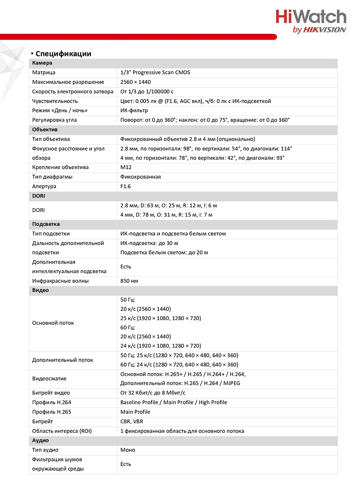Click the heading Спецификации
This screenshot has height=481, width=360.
(63, 54)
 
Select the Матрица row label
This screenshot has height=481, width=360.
(44, 73)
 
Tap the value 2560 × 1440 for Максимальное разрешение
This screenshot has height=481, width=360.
(136, 82)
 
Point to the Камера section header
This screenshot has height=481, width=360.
(42, 63)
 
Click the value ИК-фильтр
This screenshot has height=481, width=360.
(134, 111)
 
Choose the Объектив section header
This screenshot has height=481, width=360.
(45, 130)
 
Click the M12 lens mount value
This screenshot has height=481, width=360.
(126, 167)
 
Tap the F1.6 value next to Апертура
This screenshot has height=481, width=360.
(126, 187)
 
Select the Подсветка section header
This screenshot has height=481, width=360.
(46, 224)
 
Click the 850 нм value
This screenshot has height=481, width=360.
(129, 281)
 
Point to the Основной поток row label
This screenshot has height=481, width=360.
(53, 323)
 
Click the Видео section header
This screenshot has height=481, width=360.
(41, 290)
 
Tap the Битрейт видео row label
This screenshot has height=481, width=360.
(51, 393)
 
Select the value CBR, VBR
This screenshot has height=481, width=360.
(132, 422)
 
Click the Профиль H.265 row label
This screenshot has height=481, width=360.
(52, 412)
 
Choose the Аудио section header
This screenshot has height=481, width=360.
(41, 440)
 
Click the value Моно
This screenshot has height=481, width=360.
(128, 450)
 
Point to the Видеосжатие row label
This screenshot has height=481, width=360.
(49, 379)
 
